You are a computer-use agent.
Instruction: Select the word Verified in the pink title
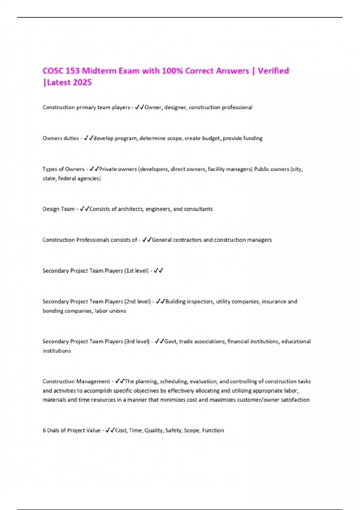pyautogui.click(x=273, y=71)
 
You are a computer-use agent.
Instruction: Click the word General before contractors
pyautogui.click(x=161, y=240)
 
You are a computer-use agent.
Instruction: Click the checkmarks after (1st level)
pyautogui.click(x=158, y=271)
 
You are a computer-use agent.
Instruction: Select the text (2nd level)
pyautogui.click(x=137, y=302)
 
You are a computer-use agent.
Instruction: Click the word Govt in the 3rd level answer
pyautogui.click(x=170, y=342)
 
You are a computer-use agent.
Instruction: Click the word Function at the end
pyautogui.click(x=213, y=430)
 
